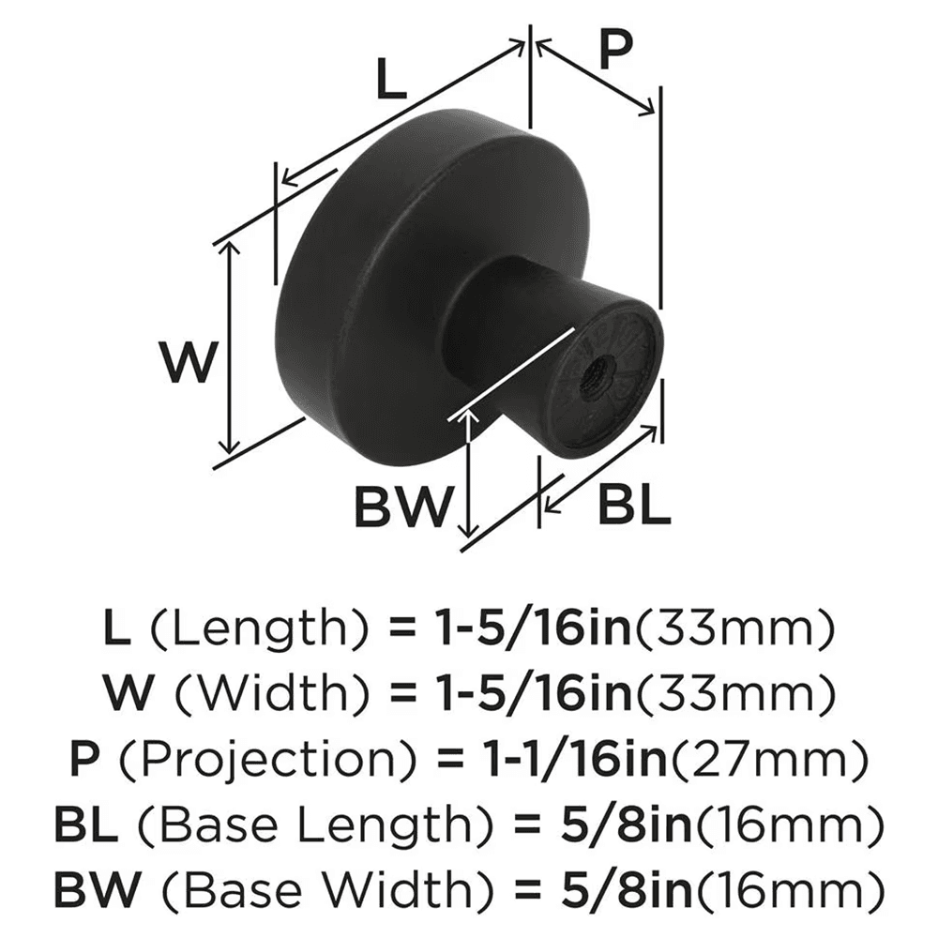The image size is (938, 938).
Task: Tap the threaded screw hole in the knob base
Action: [592, 379]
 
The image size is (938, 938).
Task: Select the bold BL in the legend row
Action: [85, 825]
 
